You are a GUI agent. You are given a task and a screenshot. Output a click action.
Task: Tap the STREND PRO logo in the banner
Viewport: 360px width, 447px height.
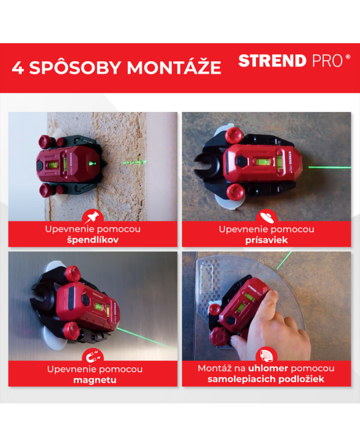[x=294, y=61]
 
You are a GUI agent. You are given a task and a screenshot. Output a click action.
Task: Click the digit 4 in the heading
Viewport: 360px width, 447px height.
[x=17, y=68]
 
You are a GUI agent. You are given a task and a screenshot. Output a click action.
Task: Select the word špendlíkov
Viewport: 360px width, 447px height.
[x=93, y=240]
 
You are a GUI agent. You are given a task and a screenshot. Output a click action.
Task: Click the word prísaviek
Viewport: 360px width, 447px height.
[x=266, y=240]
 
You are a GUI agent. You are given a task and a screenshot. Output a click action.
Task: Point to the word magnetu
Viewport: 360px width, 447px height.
[x=95, y=380]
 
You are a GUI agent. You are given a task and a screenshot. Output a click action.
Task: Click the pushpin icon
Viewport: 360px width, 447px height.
[x=93, y=217]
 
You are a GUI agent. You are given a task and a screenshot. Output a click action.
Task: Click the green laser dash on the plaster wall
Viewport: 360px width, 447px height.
[x=135, y=162]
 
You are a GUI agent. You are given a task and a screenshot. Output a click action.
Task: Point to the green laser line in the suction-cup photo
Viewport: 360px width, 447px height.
[x=330, y=167]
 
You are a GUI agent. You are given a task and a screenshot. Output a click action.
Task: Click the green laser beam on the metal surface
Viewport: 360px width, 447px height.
[x=147, y=338]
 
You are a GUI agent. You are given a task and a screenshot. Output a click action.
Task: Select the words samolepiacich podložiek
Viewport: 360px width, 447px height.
[x=266, y=379]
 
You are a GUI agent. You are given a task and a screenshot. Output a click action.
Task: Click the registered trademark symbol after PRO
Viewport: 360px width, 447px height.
[x=348, y=57]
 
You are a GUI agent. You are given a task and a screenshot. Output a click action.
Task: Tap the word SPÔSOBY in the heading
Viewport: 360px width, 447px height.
[x=75, y=67]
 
